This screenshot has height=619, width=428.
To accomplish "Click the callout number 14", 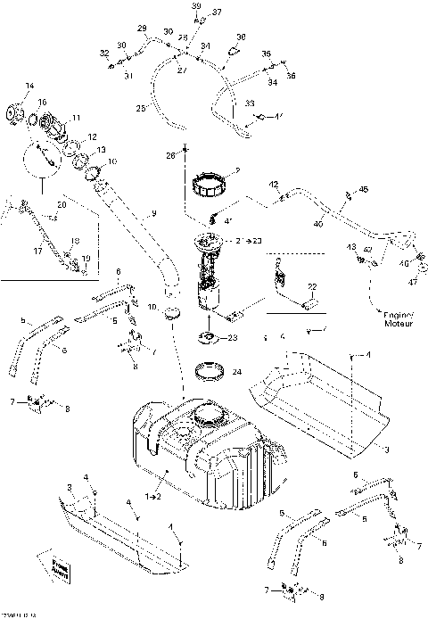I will (29, 86).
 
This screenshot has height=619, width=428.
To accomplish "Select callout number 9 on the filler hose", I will (152, 213).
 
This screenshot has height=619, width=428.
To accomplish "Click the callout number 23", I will (235, 338).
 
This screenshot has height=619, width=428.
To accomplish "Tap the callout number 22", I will (312, 285).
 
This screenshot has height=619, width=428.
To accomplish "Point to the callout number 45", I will (363, 189).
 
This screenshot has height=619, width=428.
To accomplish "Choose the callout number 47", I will (413, 282).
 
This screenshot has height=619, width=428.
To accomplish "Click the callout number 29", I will (141, 29).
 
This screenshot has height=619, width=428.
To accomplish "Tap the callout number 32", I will (104, 54).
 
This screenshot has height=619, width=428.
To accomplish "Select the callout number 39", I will (197, 6).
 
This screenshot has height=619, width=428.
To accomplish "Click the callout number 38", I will (241, 37).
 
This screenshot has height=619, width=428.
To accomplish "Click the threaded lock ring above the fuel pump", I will (212, 188).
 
